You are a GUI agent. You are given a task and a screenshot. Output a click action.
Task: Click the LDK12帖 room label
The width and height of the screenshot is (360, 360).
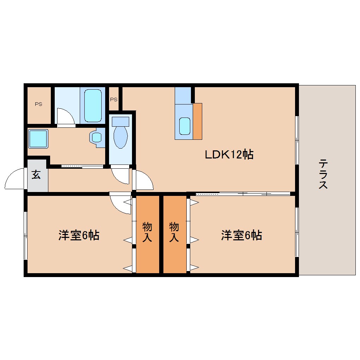pyautogui.click(x=229, y=154)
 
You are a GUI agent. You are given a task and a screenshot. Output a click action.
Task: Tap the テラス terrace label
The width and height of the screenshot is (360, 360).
pyautogui.click(x=323, y=174)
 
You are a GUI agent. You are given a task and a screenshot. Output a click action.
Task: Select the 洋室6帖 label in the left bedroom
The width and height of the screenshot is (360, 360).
pyautogui.click(x=79, y=235)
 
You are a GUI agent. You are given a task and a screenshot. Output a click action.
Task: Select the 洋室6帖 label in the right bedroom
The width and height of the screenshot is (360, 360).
pyautogui.click(x=241, y=235)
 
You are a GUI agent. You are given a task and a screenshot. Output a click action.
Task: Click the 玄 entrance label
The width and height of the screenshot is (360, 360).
pyautogui.click(x=36, y=174)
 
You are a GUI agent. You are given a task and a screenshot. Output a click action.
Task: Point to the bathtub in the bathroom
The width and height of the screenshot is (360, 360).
pyautogui.click(x=93, y=106)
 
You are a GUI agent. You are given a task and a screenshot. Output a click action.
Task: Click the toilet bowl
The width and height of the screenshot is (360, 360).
pyautogui.click(x=120, y=134)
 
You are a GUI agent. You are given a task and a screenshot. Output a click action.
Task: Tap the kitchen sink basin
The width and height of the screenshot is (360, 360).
pyautogui.click(x=185, y=126)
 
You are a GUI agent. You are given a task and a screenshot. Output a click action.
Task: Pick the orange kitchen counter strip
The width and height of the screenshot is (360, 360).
pyautogui.click(x=197, y=121)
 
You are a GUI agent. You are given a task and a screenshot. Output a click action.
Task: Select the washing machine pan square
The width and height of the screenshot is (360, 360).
pyautogui.click(x=38, y=139)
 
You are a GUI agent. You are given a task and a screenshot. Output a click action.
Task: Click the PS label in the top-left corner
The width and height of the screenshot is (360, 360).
pyautogui.click(x=38, y=104)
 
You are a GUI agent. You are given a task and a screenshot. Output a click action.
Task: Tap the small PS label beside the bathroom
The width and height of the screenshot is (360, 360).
pyautogui.click(x=113, y=100)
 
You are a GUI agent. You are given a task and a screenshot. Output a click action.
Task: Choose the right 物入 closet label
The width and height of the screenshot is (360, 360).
pyautogui.click(x=174, y=232)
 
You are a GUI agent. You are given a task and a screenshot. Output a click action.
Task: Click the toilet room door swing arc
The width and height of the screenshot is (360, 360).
pyautogui.click(x=120, y=176)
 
